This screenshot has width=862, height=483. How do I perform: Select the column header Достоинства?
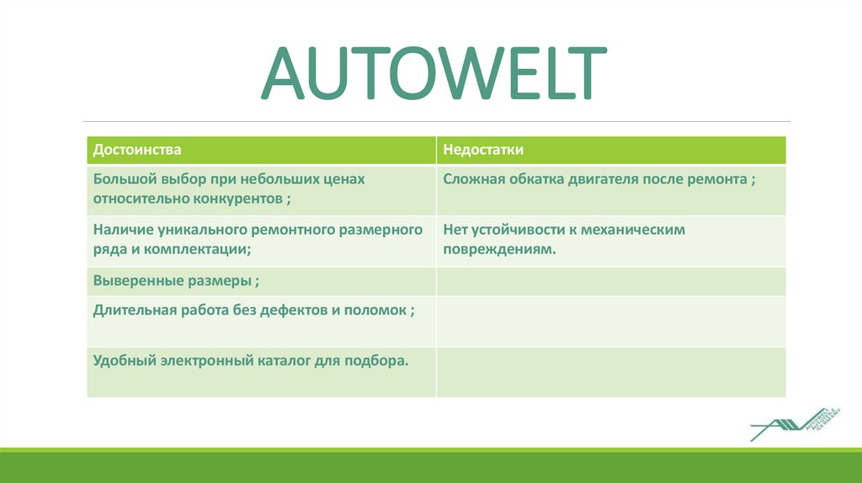point(137,150)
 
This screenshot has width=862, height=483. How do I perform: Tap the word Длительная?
point(134,309)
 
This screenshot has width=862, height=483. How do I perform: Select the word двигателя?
point(604,179)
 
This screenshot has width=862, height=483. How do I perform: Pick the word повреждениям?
point(497,249)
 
